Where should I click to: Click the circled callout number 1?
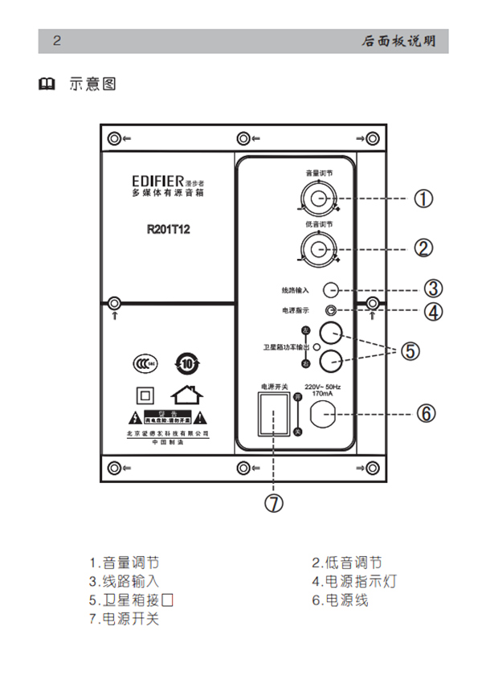[423, 198]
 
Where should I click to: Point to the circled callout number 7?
[274, 503]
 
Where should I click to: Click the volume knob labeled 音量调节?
[319, 198]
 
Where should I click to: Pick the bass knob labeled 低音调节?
[319, 246]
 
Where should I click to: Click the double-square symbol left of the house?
[145, 395]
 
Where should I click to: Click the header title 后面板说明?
[398, 42]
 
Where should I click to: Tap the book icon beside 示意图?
[47, 84]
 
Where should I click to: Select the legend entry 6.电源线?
[340, 600]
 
